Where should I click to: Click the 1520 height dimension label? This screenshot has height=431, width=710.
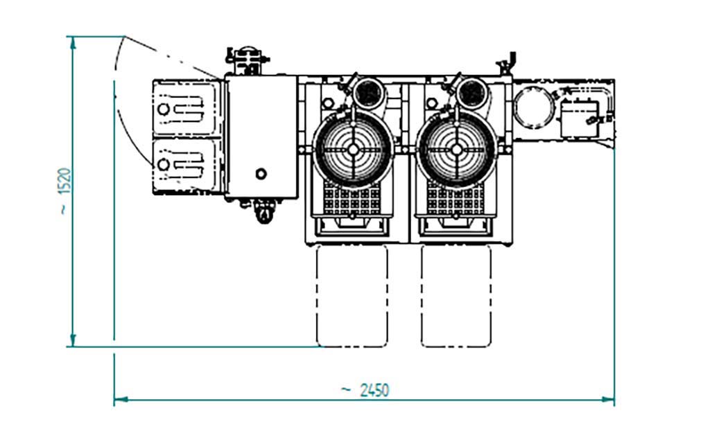click(x=64, y=190)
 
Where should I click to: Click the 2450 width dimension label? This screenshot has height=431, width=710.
click(x=365, y=390)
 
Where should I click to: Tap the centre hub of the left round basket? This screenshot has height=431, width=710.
click(x=353, y=150)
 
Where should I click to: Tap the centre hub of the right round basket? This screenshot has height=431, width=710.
click(x=457, y=150)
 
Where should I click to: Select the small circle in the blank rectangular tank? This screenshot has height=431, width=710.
click(x=261, y=173)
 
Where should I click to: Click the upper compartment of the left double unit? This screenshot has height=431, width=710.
click(x=184, y=108)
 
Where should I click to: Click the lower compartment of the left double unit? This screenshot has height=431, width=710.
click(x=184, y=165)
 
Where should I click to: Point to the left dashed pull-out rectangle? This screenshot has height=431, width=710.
click(x=352, y=296)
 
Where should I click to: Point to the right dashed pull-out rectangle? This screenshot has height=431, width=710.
click(x=456, y=296)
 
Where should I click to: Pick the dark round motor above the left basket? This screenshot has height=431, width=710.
click(x=369, y=94)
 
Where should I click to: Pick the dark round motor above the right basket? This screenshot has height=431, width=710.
click(x=472, y=94)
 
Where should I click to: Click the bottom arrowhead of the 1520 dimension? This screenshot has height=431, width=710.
click(x=72, y=341)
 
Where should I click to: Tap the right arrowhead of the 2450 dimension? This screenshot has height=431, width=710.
click(x=608, y=400)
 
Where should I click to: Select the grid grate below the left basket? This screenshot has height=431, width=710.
click(x=352, y=199)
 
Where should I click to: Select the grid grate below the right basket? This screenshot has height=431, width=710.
click(x=456, y=199)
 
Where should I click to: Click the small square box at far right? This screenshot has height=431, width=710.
click(x=580, y=119)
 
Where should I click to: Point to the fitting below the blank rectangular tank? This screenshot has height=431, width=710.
click(x=263, y=211)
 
